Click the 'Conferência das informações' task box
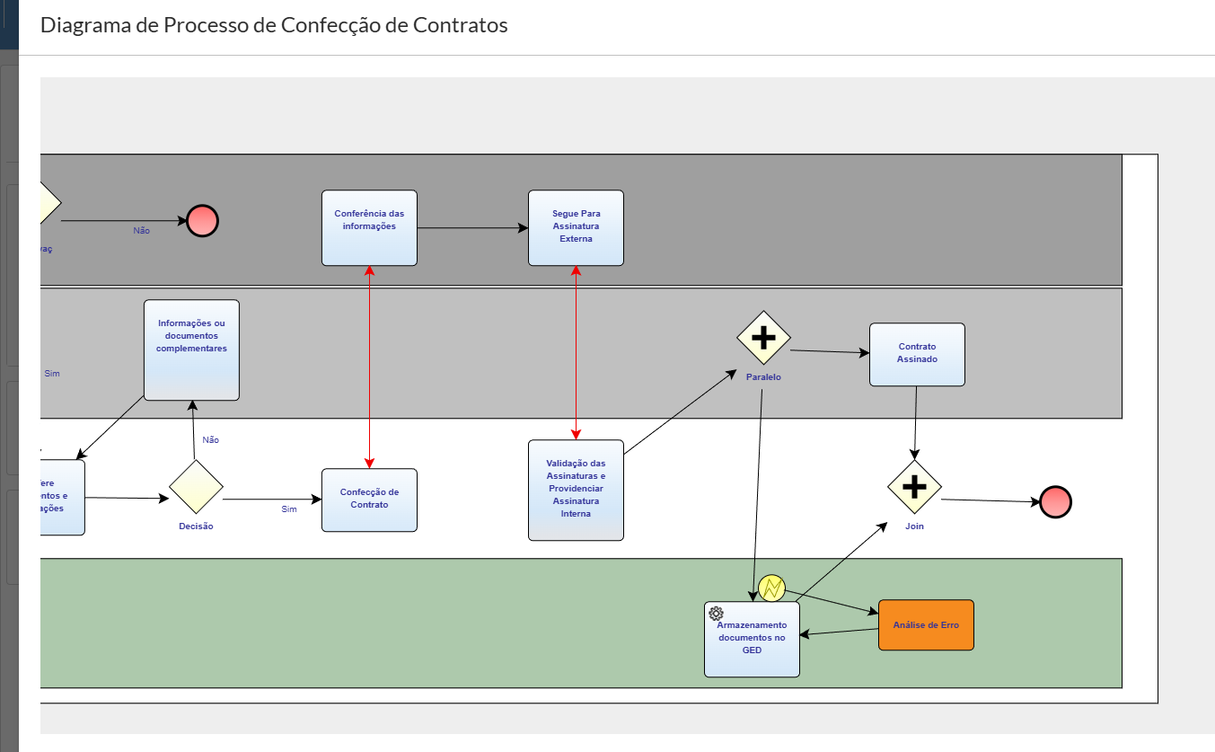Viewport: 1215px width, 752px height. (x=369, y=228)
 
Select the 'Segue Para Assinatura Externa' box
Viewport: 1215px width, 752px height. (x=576, y=228)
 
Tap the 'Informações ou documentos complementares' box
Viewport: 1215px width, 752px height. (x=191, y=350)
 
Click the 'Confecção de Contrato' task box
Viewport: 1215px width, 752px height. (x=369, y=500)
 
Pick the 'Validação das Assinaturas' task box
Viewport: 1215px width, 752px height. (x=576, y=490)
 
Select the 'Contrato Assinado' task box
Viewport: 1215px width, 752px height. (x=917, y=355)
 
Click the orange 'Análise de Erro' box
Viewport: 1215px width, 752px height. (x=926, y=624)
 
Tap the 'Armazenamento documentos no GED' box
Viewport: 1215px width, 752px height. (x=752, y=639)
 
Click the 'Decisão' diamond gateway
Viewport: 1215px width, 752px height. (x=196, y=486)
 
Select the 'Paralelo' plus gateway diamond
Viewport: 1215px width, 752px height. (x=763, y=338)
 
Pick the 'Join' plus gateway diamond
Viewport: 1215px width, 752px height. (x=914, y=486)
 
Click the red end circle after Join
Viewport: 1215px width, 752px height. (x=1055, y=502)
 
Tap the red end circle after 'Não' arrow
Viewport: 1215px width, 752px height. (x=202, y=220)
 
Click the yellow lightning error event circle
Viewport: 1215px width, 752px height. (x=771, y=588)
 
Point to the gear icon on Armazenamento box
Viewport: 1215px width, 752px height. (x=716, y=614)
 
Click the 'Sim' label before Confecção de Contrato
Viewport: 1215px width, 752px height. (x=289, y=509)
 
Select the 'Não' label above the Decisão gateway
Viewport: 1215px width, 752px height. (x=211, y=440)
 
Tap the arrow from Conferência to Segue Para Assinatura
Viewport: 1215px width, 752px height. (x=472, y=228)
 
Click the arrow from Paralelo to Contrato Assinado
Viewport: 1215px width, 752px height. (x=830, y=352)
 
